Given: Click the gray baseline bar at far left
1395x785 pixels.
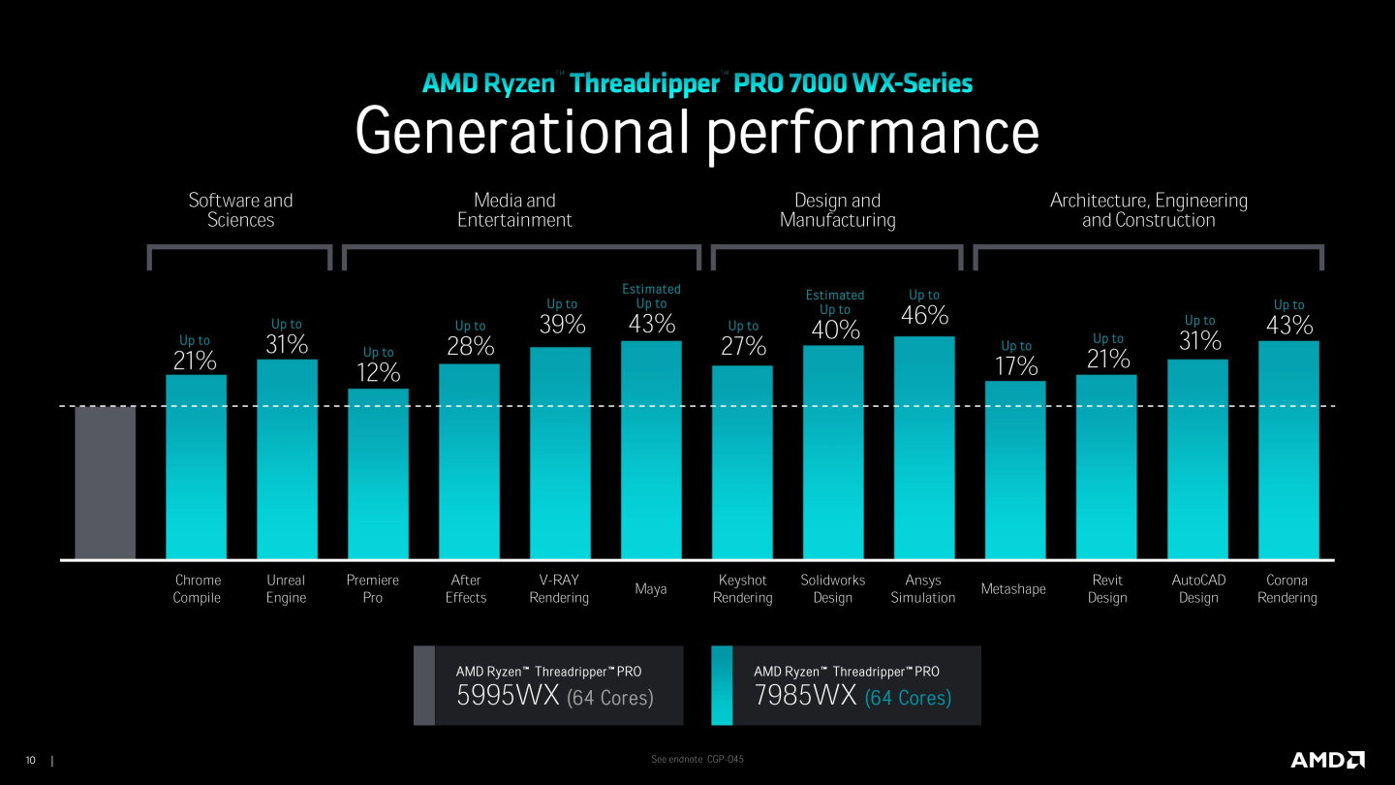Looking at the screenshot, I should [x=105, y=483].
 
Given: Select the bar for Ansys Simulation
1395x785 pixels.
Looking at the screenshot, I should [x=923, y=448].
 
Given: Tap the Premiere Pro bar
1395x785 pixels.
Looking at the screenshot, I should [x=378, y=474].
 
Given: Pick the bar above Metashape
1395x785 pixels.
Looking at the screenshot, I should [x=1015, y=470].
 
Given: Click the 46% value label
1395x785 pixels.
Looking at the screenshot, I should [x=923, y=316].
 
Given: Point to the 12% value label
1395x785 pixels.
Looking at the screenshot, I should [x=378, y=372].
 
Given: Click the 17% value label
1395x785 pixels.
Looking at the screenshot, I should [x=1016, y=366].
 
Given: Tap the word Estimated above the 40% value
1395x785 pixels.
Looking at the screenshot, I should [x=834, y=295].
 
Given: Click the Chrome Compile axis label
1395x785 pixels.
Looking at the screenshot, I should [x=198, y=588].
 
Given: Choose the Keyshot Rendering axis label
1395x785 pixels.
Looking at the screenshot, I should [x=742, y=588].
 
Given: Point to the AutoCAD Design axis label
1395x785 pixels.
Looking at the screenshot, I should [x=1198, y=588].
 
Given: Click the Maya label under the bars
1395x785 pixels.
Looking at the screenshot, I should [x=650, y=589].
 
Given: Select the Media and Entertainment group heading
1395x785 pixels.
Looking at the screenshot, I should [x=514, y=210].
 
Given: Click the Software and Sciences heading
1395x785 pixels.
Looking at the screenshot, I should [x=240, y=210].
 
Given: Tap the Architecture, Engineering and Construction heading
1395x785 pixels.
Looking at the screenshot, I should [x=1148, y=210].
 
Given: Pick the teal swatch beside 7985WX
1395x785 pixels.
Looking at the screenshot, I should [x=721, y=685].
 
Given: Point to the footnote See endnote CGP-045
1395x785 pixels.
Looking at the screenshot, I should [x=697, y=759].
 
